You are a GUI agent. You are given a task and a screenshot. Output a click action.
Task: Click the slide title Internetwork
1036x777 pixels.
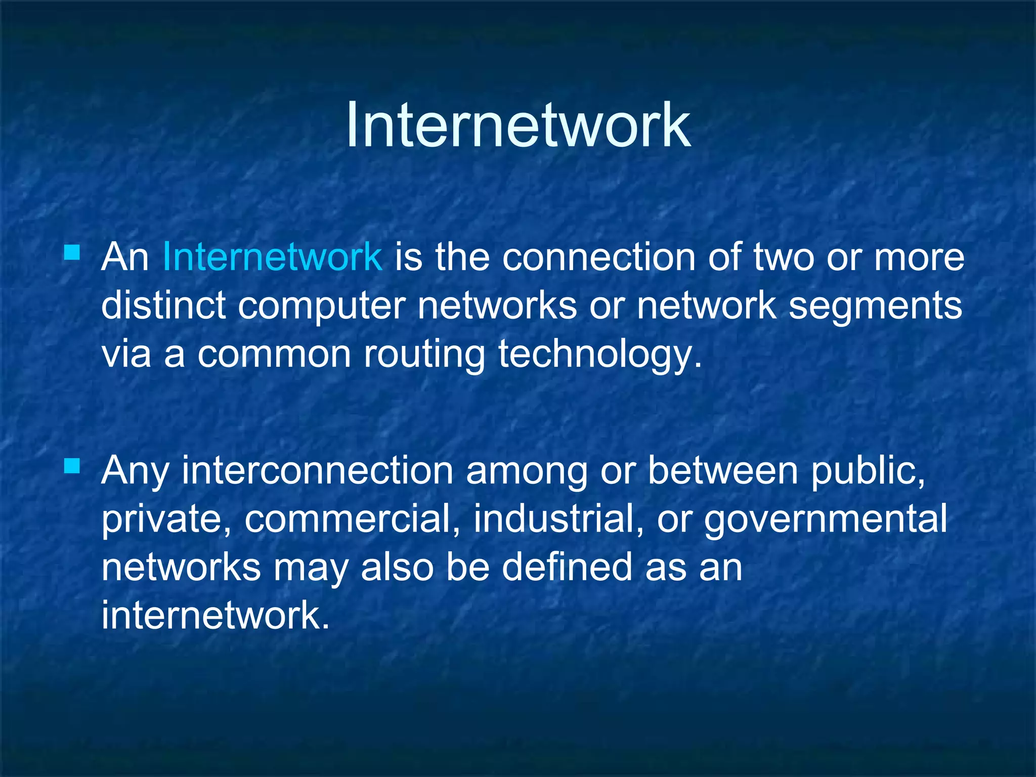point(517,125)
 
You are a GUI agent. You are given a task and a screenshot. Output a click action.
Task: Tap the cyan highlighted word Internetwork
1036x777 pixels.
point(272,257)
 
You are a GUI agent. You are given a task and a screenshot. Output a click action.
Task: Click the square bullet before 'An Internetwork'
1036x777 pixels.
point(72,252)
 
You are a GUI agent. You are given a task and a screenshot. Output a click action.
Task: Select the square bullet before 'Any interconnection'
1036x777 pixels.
point(72,465)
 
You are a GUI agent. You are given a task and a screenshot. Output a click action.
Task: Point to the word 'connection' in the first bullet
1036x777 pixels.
point(598,257)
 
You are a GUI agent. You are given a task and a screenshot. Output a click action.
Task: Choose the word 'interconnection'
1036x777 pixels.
point(317,470)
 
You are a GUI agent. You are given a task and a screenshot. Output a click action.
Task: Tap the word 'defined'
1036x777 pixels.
point(567,567)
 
